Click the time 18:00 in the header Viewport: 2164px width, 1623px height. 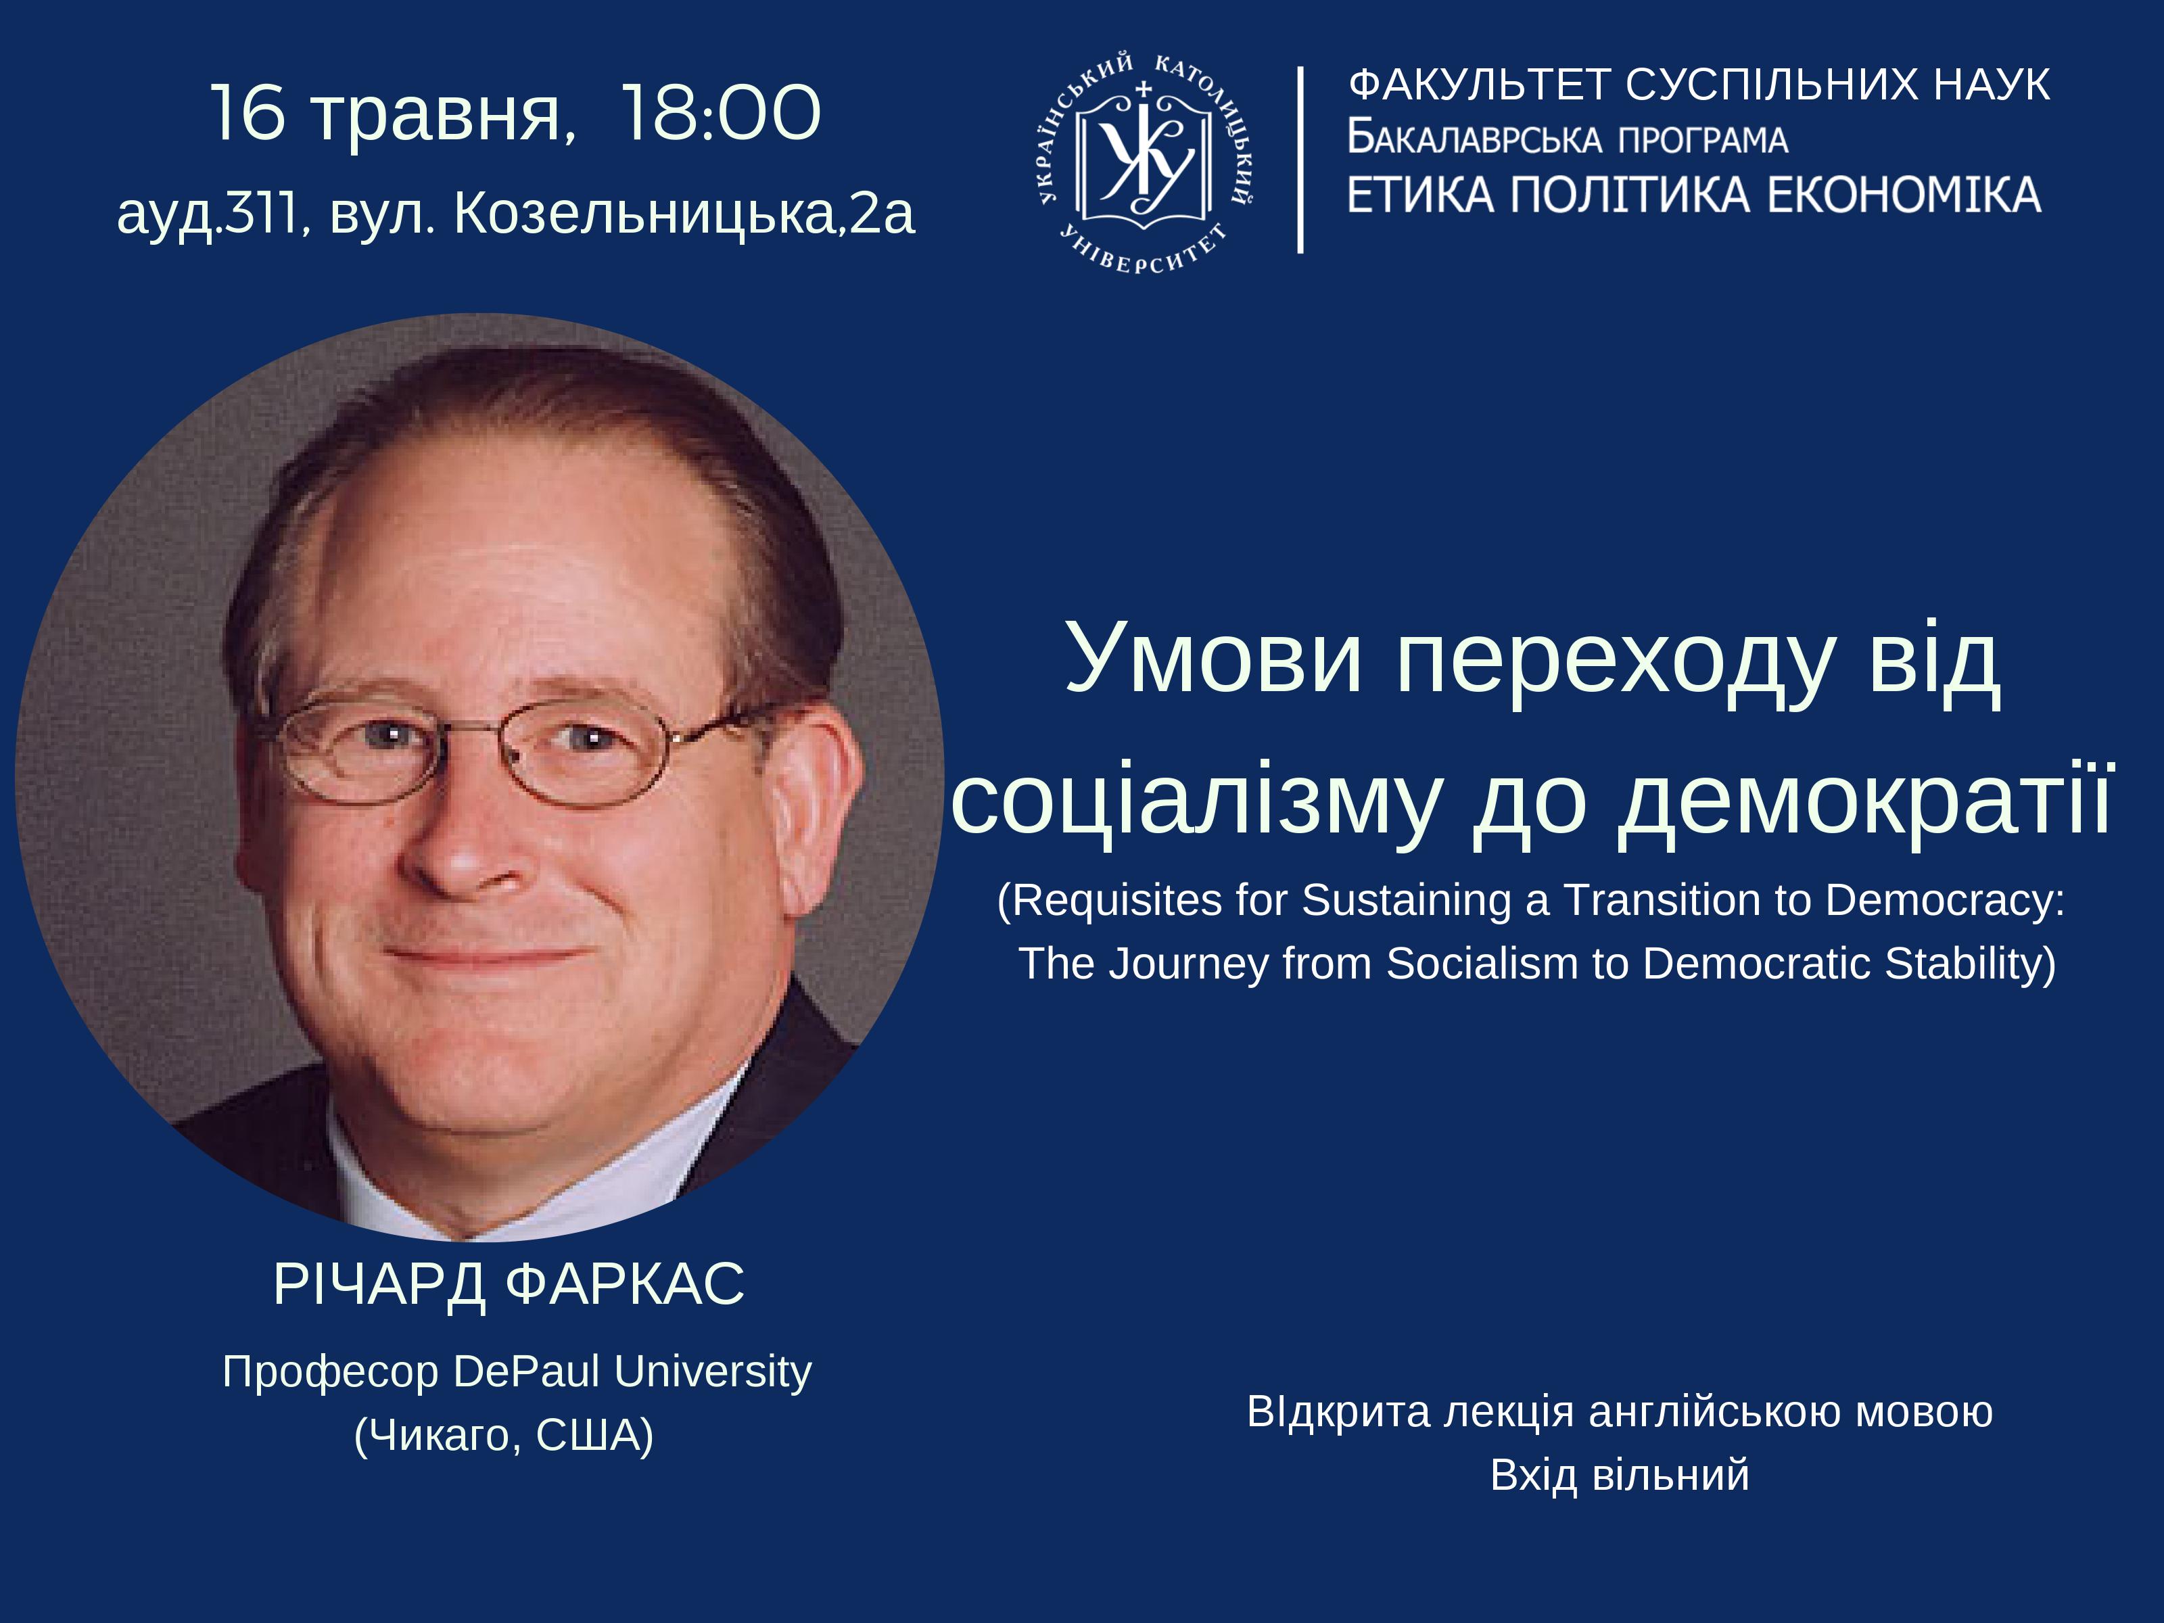[x=721, y=114]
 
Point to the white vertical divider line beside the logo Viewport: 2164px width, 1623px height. [x=1300, y=160]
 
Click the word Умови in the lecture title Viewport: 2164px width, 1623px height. [x=1214, y=657]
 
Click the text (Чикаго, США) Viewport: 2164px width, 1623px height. [x=504, y=1435]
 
